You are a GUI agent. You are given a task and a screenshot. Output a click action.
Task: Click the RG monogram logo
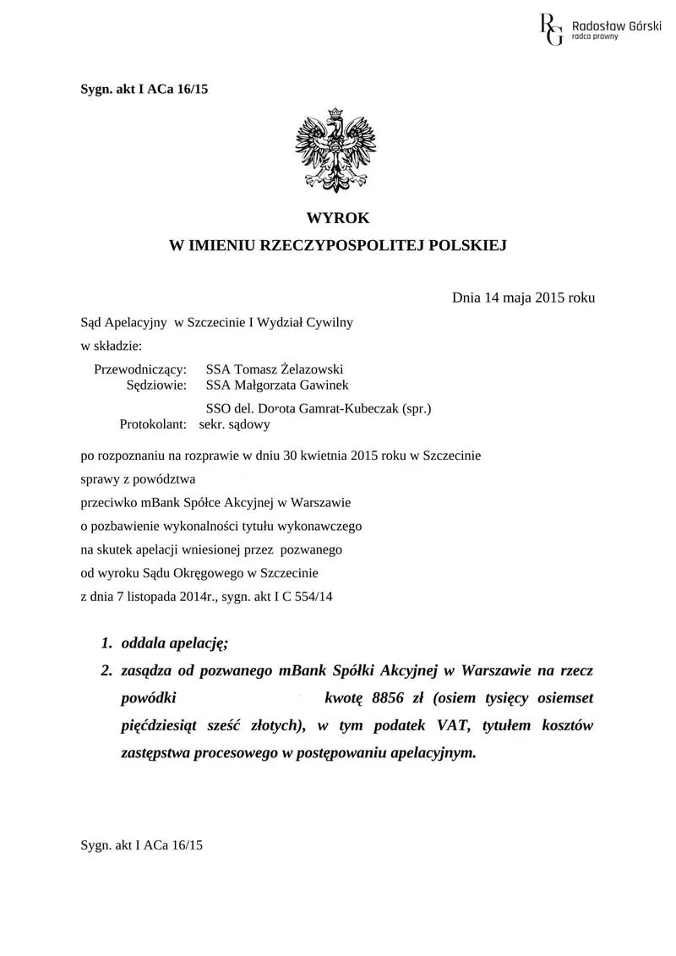click(551, 28)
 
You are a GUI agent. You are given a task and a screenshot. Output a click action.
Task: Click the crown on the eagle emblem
click(335, 112)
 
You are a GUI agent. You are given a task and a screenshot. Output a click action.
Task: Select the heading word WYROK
click(338, 218)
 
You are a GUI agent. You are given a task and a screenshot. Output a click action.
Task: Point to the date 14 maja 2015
click(521, 298)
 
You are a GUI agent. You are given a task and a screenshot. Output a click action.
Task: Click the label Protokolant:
click(158, 423)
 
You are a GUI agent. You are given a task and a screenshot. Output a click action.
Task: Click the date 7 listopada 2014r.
click(151, 595)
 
